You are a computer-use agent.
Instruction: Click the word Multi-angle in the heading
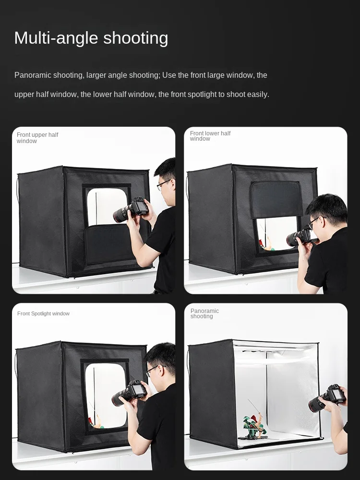[55, 38]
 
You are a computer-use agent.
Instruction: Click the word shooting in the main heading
[136, 38]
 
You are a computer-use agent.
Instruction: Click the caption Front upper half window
[37, 138]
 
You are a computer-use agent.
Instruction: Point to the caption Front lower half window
[210, 136]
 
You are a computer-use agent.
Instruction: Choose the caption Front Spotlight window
[44, 313]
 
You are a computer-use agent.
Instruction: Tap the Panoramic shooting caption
[204, 313]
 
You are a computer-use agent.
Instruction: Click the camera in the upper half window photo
[131, 209]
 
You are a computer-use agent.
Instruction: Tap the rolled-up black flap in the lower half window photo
[276, 199]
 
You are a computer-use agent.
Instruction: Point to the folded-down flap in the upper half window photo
[109, 244]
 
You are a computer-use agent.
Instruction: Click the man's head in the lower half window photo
[326, 215]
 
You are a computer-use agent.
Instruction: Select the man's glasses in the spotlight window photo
[153, 370]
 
